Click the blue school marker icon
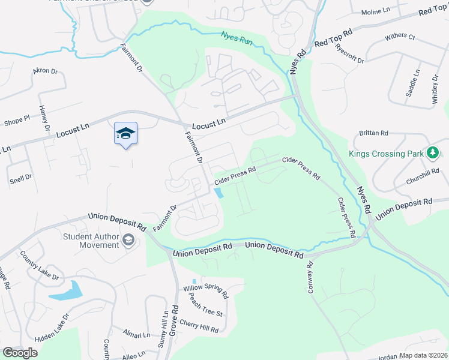125,133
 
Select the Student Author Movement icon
128,241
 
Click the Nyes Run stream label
236,38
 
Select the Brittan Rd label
373,133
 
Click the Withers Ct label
400,37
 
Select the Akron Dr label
45,71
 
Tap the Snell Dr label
20,177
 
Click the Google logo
20,353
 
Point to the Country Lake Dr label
39,269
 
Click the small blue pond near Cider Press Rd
218,193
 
